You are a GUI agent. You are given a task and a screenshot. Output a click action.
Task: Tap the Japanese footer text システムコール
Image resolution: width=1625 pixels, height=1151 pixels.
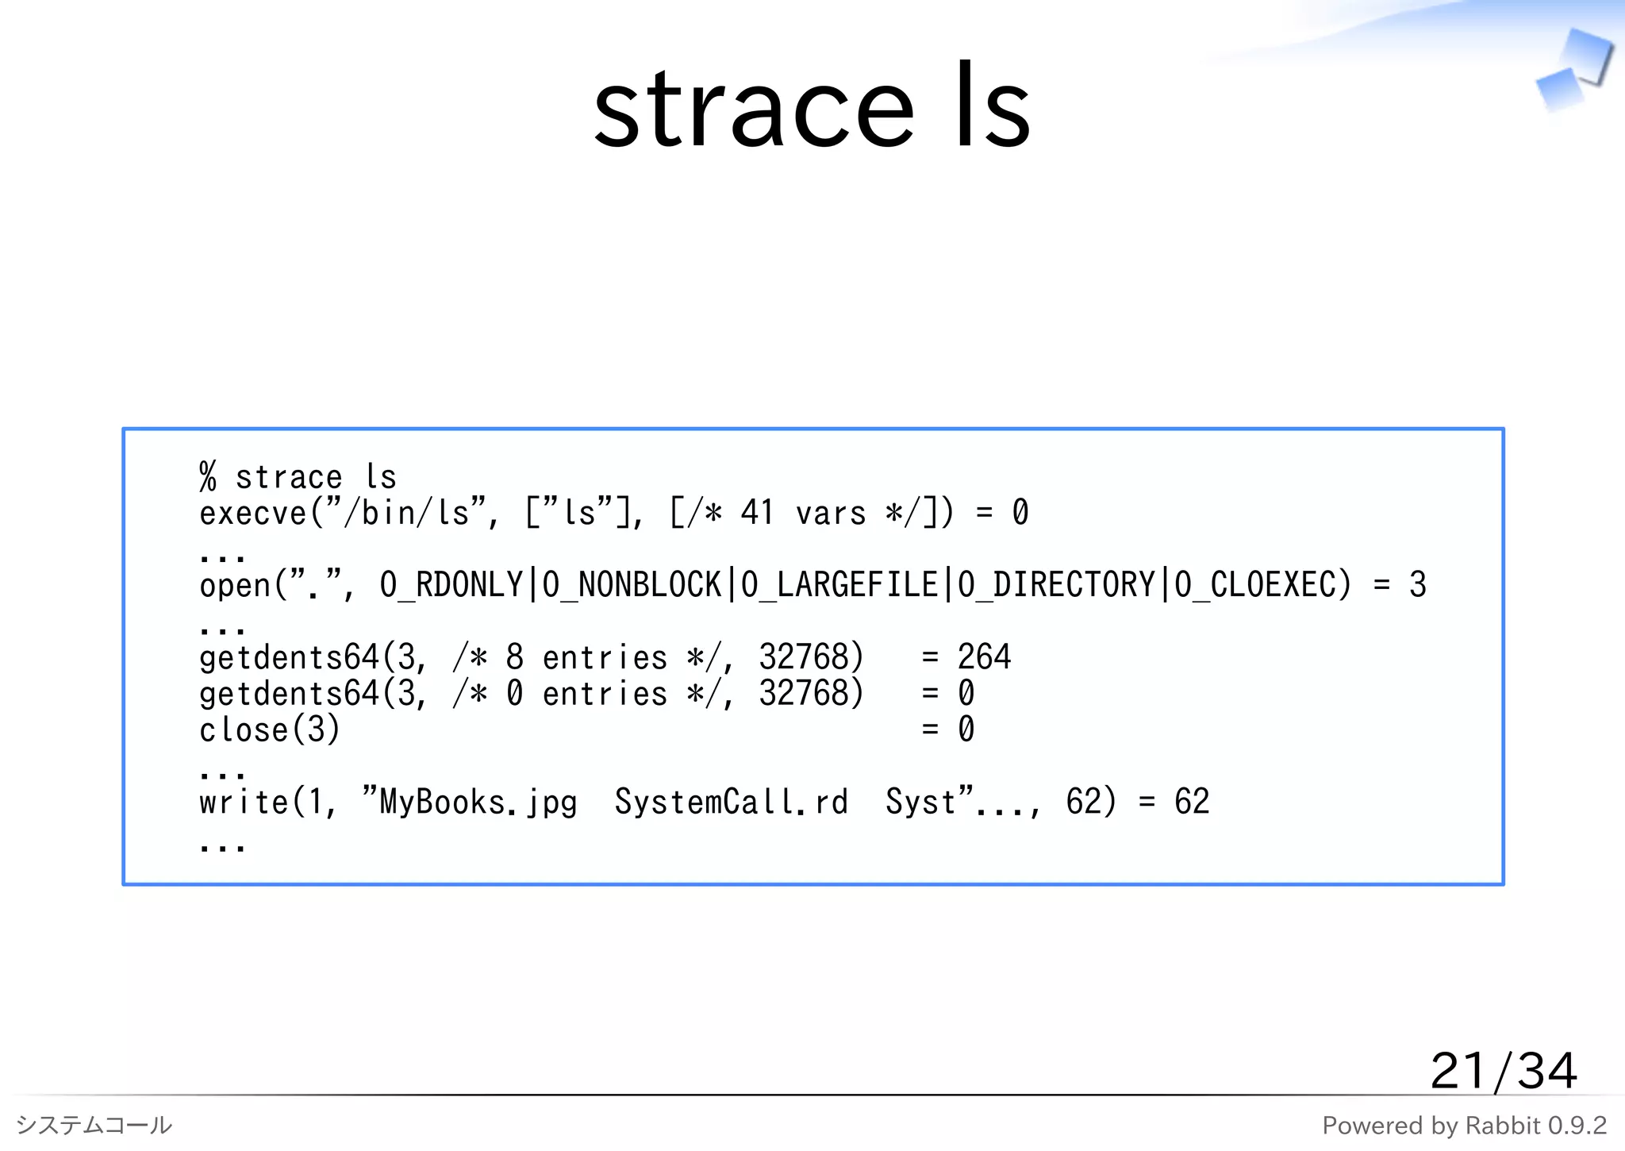pyautogui.click(x=94, y=1125)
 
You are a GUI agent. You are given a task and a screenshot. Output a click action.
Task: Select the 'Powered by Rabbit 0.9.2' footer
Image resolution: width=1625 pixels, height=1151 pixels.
pyautogui.click(x=1464, y=1125)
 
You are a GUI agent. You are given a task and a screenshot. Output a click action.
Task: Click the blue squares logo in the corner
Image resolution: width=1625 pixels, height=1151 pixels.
pyautogui.click(x=1573, y=70)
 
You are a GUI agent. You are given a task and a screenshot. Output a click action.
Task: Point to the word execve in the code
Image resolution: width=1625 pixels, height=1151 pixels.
pyautogui.click(x=252, y=514)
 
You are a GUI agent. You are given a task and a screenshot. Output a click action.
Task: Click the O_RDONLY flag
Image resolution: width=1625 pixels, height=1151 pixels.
pyautogui.click(x=451, y=585)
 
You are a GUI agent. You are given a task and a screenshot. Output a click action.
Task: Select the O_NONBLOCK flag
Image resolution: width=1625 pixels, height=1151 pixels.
pyautogui.click(x=632, y=585)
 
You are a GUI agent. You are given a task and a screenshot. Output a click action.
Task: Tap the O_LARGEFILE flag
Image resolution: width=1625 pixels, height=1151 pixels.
pyautogui.click(x=839, y=585)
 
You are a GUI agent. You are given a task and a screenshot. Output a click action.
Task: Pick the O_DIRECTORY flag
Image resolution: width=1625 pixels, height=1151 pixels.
pyautogui.click(x=1056, y=585)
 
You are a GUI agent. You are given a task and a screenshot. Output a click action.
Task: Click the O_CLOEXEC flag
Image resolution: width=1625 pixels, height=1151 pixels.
pyautogui.click(x=1262, y=585)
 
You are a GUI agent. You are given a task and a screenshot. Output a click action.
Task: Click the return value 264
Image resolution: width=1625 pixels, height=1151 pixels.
pyautogui.click(x=984, y=657)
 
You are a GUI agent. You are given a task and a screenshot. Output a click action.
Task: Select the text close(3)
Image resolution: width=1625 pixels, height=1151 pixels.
pyautogui.click(x=269, y=729)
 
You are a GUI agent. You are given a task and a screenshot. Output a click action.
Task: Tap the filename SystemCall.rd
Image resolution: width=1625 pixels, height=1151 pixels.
pyautogui.click(x=731, y=802)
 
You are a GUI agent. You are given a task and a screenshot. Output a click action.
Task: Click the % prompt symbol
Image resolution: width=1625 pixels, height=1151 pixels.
pyautogui.click(x=208, y=477)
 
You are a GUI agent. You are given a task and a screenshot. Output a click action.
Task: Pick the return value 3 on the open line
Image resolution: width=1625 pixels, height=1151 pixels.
pyautogui.click(x=1418, y=585)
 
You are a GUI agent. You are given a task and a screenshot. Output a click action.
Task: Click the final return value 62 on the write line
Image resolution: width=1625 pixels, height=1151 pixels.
pyautogui.click(x=1192, y=802)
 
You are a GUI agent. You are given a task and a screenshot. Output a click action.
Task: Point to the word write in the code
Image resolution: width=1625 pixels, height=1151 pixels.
pyautogui.click(x=243, y=802)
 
